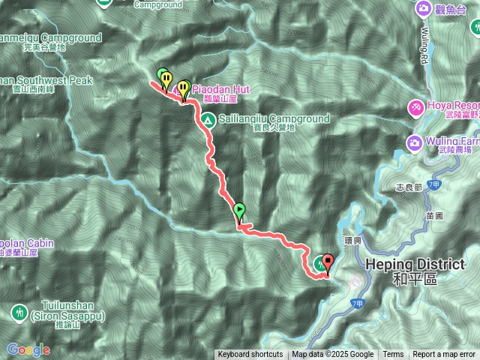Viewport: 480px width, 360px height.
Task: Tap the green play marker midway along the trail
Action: (239, 211)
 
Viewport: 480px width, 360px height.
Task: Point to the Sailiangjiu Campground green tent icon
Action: (208, 118)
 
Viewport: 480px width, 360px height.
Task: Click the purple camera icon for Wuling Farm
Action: (413, 142)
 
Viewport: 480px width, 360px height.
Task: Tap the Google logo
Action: (28, 349)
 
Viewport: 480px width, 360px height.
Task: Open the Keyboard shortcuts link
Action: (250, 355)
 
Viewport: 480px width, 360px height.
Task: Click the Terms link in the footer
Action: (393, 355)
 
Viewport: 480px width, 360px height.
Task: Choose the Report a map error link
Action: (444, 355)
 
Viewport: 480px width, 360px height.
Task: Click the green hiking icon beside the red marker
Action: (320, 262)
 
